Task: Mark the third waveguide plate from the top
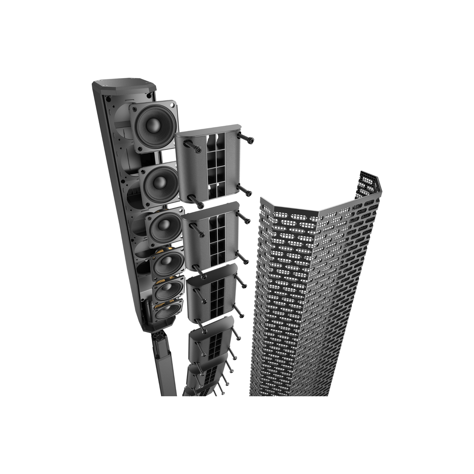coord(213,291)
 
